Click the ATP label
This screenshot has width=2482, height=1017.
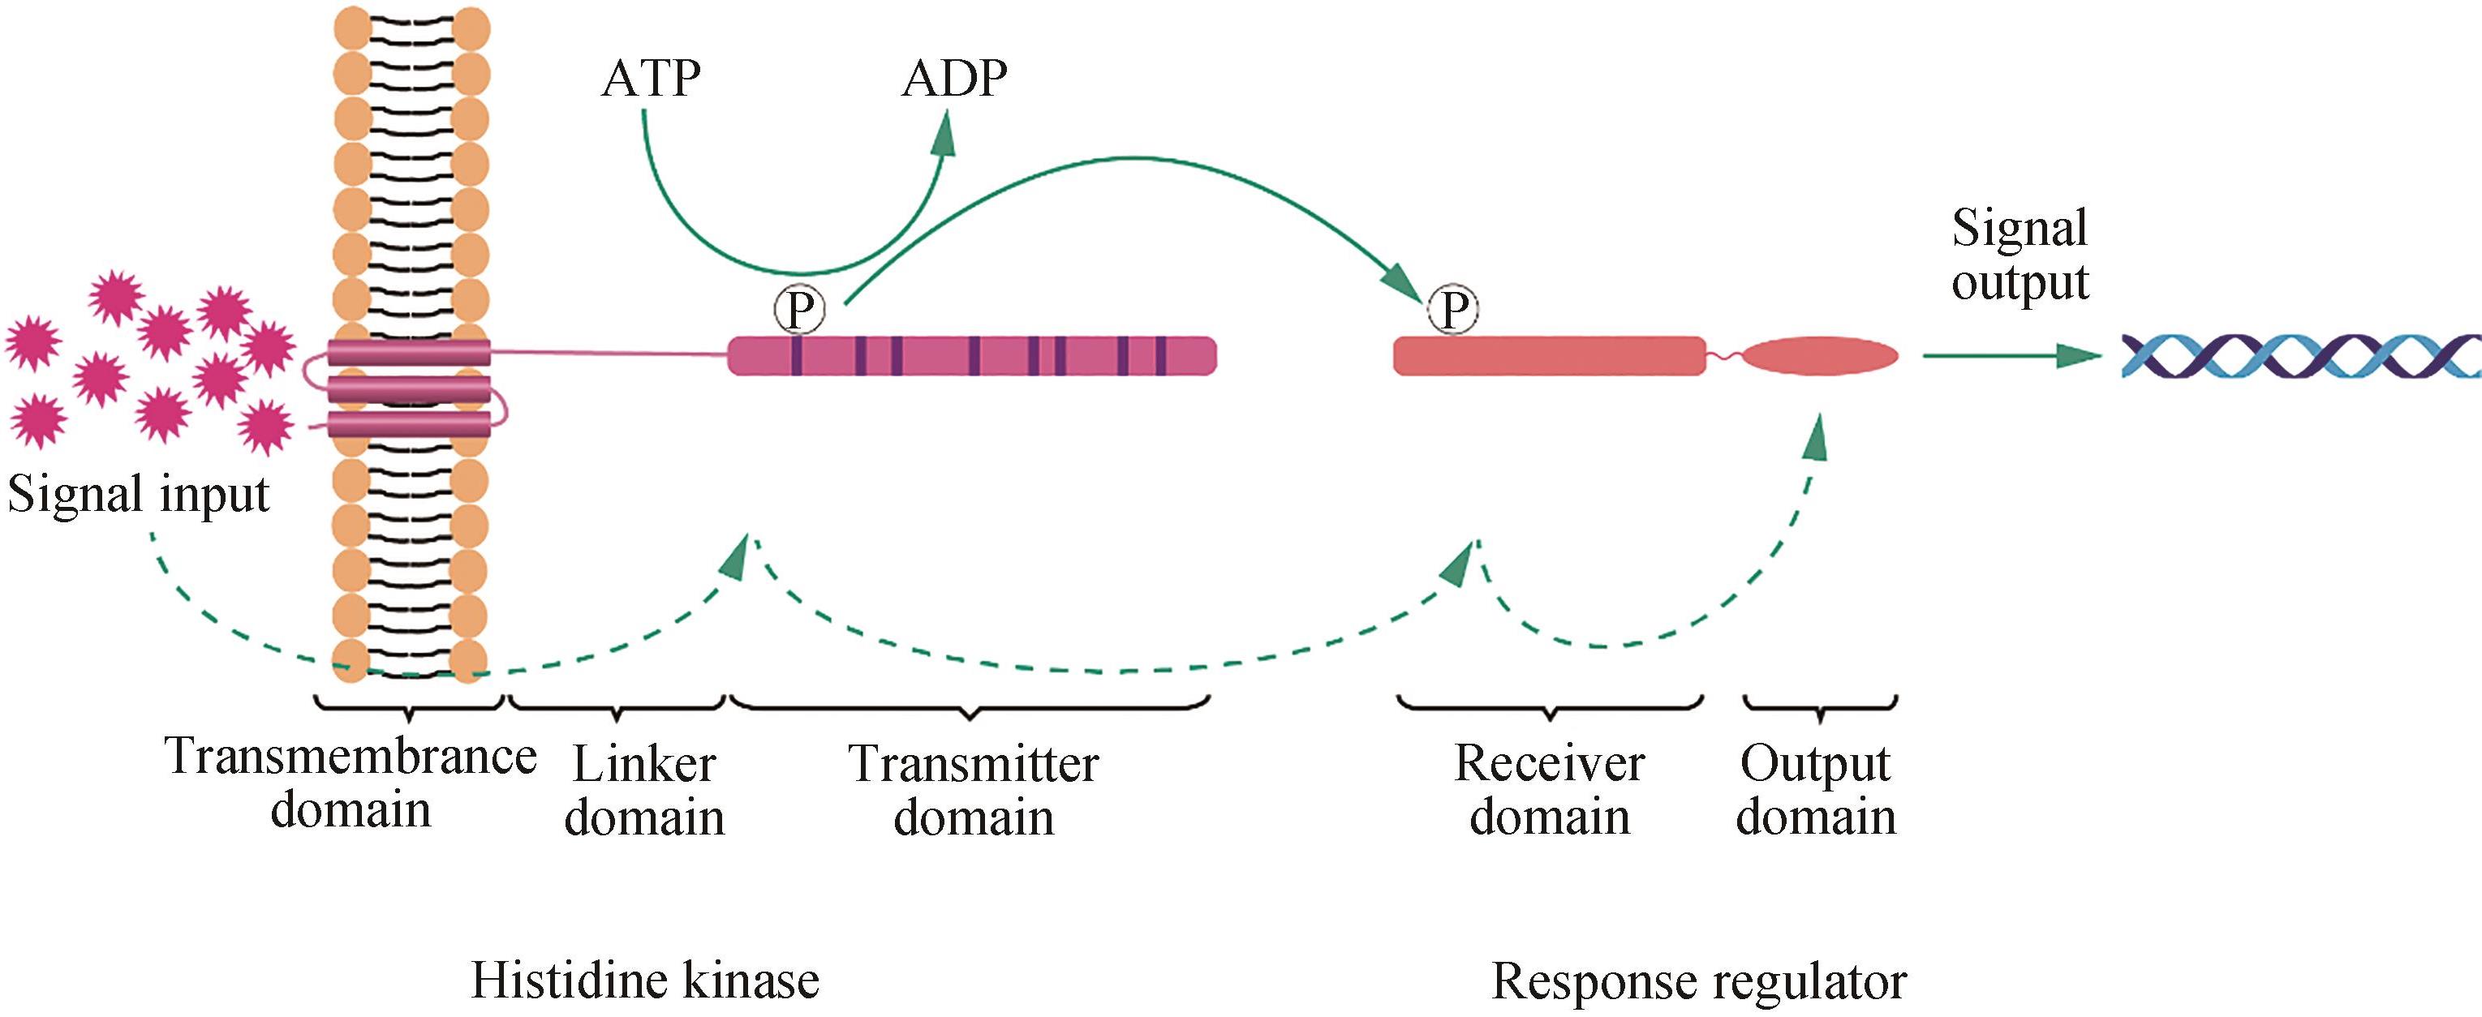click(x=652, y=78)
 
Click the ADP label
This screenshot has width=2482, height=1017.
click(x=954, y=78)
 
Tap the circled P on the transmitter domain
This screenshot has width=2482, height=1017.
click(x=798, y=310)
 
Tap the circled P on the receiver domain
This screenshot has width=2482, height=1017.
click(x=1453, y=310)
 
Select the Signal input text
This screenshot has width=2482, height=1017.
click(x=139, y=494)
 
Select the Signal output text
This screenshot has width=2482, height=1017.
click(x=2020, y=255)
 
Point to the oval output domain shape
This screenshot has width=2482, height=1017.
click(x=1820, y=356)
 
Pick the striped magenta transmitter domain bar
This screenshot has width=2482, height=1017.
click(x=971, y=355)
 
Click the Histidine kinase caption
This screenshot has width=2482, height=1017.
click(x=644, y=981)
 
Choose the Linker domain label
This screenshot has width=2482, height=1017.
click(x=643, y=791)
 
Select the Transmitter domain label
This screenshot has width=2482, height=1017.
click(x=973, y=791)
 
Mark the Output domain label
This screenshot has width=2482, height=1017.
click(x=1816, y=790)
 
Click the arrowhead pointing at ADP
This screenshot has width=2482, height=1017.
click(x=945, y=135)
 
